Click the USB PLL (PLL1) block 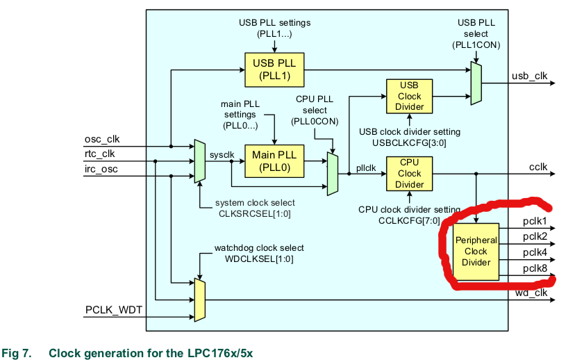[274, 69]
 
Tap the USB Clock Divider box [409, 97]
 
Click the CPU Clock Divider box [409, 174]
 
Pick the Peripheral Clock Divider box [476, 252]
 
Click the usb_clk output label [531, 76]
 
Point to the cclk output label [538, 166]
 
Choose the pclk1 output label [535, 222]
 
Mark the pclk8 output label [535, 267]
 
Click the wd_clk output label [531, 293]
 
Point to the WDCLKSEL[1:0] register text [258, 259]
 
